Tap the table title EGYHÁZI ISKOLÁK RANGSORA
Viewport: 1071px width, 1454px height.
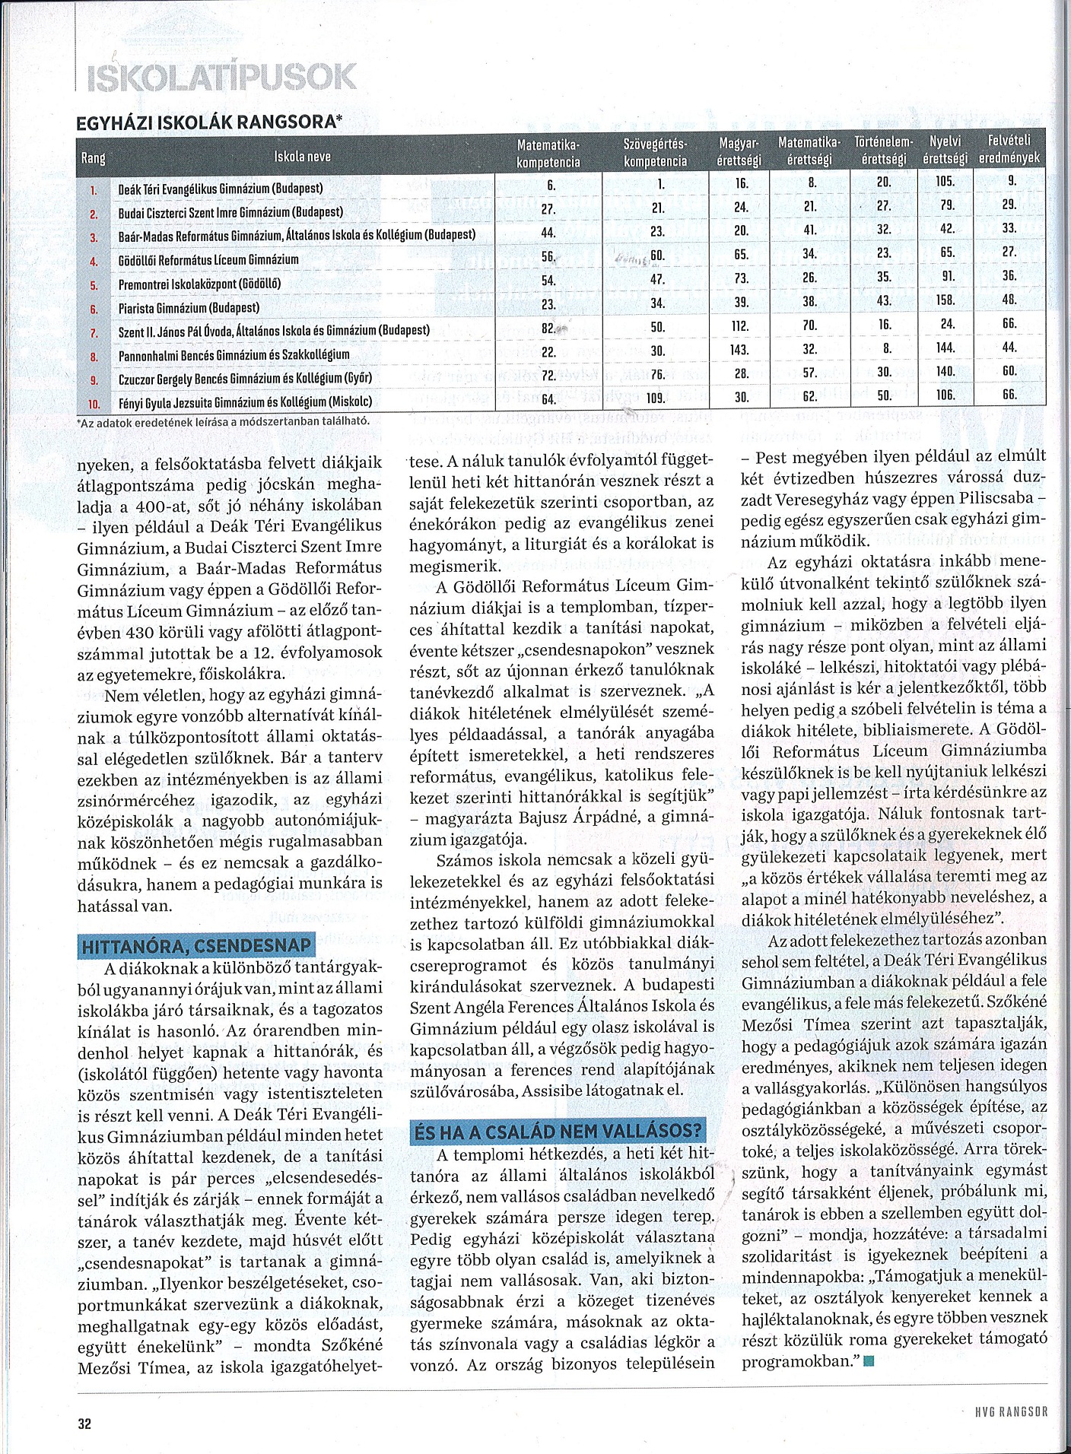pyautogui.click(x=210, y=122)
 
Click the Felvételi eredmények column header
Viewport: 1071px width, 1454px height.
pyautogui.click(x=1009, y=150)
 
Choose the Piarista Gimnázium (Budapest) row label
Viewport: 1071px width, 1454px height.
pyautogui.click(x=189, y=308)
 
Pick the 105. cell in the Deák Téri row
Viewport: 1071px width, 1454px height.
pyautogui.click(x=945, y=183)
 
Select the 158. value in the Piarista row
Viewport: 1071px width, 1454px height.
pyautogui.click(x=945, y=300)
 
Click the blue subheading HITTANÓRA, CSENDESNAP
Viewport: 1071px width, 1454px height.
pyautogui.click(x=196, y=945)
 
